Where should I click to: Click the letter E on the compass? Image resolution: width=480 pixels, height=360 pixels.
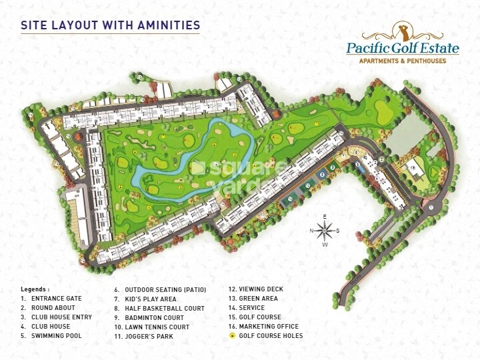[x=325, y=217]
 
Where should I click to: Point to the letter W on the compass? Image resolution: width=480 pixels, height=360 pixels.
[x=325, y=245]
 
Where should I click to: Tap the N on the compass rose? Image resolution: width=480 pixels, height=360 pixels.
[x=311, y=231]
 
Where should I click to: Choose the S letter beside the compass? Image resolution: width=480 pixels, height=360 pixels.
[x=338, y=231]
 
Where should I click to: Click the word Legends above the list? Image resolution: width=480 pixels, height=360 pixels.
[x=35, y=289]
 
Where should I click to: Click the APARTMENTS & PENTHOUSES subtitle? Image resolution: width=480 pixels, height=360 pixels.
[x=403, y=61]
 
